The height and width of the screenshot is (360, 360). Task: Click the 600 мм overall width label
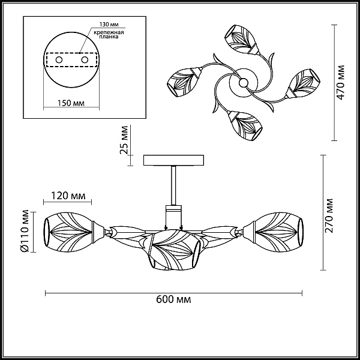point(173,299)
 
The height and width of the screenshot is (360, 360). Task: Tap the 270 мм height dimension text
point(329,215)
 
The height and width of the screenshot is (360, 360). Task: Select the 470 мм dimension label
point(341,82)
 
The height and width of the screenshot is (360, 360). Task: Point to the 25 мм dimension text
point(124,140)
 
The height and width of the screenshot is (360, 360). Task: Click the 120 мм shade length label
point(68,196)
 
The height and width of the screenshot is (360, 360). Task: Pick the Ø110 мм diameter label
point(25,231)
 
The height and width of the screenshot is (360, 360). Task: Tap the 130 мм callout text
point(109,25)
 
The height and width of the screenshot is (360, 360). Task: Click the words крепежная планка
point(109,34)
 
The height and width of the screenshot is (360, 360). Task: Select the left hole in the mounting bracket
point(59,60)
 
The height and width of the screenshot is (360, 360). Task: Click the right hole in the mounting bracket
point(85,60)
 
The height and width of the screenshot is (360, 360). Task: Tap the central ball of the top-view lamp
point(244,83)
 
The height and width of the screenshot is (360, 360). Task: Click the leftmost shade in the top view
point(184,81)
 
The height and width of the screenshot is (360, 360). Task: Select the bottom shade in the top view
point(245,125)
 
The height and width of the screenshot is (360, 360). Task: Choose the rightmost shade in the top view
point(303,84)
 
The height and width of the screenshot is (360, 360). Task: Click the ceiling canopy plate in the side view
point(173,160)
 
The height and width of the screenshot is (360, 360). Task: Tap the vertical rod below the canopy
point(173,185)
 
